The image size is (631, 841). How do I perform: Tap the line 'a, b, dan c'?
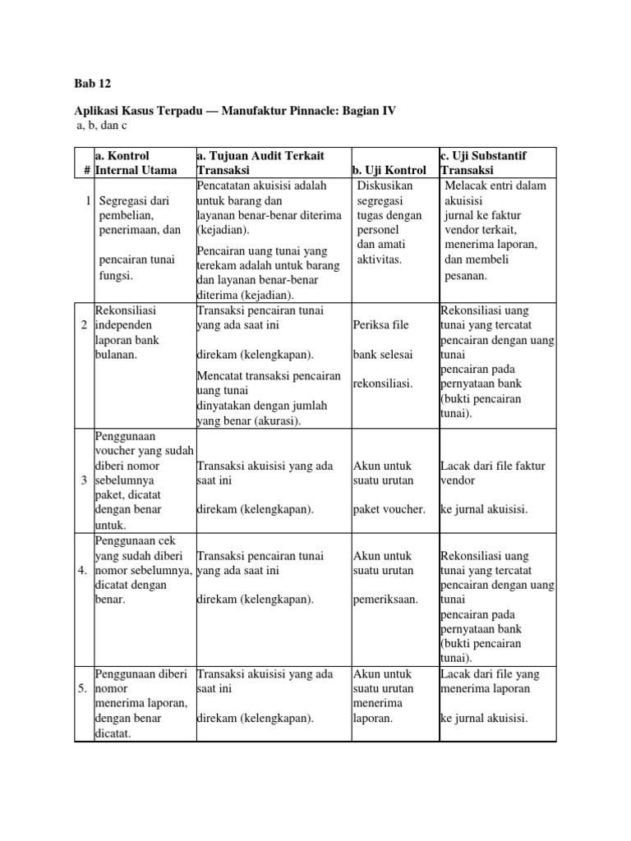pos(101,125)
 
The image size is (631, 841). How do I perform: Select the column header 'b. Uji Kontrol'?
pos(389,170)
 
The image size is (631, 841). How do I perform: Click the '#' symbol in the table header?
pos(85,170)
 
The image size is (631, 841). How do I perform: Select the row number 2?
pos(85,326)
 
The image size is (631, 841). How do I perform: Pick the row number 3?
pos(85,480)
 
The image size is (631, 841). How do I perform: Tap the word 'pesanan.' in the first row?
pos(466,275)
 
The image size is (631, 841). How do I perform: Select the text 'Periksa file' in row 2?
pos(380,325)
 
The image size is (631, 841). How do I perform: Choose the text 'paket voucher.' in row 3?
pos(389,509)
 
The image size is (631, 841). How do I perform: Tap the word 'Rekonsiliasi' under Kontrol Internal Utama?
pos(126,310)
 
